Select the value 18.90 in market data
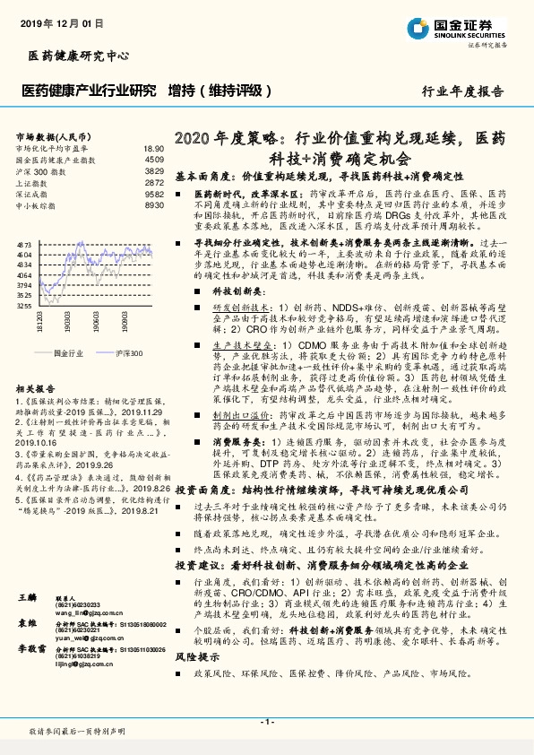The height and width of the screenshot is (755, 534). [x=154, y=148]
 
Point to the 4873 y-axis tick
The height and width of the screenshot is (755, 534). [x=24, y=243]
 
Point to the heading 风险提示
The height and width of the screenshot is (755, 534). [x=197, y=681]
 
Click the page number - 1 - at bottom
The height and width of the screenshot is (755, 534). [x=266, y=723]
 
